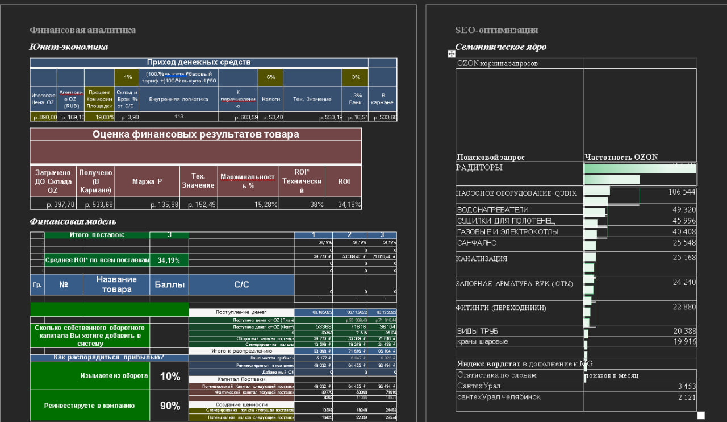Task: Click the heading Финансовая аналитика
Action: tap(82, 30)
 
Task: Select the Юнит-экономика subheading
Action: tap(68, 47)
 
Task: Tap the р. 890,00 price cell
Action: tap(44, 117)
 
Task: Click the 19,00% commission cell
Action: tap(100, 117)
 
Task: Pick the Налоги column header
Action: tap(271, 99)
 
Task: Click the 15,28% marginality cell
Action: tap(249, 205)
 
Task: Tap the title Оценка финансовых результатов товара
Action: tap(195, 135)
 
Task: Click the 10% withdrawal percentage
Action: tap(170, 377)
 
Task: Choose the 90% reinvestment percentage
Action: tap(170, 406)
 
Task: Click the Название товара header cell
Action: tap(116, 284)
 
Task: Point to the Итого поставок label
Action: tap(97, 235)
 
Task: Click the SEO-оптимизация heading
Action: tap(496, 30)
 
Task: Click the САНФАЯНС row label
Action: tap(477, 243)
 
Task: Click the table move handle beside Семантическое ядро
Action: tap(452, 53)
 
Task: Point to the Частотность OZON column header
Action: tap(621, 157)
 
